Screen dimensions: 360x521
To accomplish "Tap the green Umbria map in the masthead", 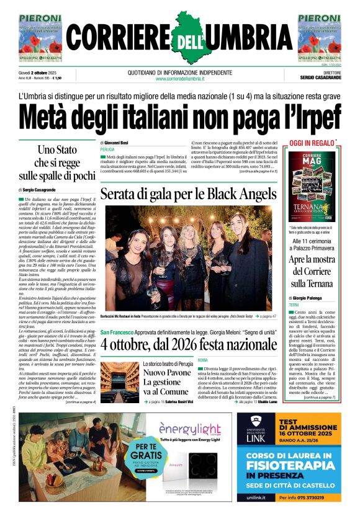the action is [180, 31].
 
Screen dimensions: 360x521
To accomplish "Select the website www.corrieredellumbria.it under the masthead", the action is [180, 79].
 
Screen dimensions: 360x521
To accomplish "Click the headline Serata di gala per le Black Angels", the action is [188, 194].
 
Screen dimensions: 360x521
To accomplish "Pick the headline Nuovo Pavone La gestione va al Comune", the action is [166, 381].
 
